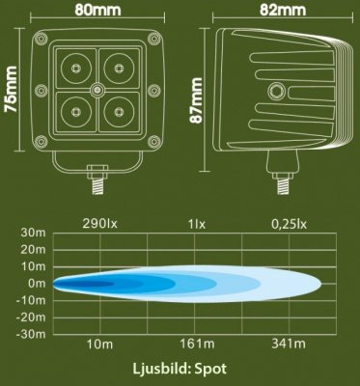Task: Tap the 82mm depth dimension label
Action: (283, 13)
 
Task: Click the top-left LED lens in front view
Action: (74, 69)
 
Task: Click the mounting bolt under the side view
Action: (283, 179)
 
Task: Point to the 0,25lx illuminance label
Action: (291, 224)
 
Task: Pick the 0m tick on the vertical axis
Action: (38, 284)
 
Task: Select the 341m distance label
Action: (291, 345)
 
